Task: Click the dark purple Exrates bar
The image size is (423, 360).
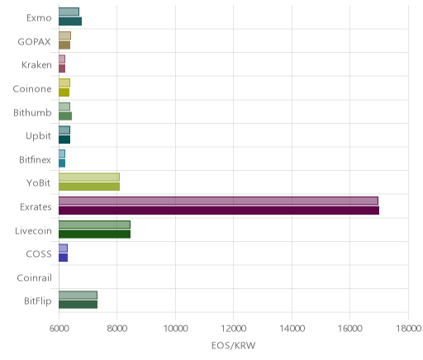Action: pos(219,211)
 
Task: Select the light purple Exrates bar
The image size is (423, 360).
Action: pos(218,201)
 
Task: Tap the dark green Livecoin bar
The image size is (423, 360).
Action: pos(94,234)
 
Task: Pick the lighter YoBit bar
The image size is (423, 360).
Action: pos(89,177)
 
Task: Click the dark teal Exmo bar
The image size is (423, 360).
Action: pos(70,21)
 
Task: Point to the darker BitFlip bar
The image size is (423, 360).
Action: pos(78,305)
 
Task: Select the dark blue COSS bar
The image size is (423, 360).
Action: pos(63,258)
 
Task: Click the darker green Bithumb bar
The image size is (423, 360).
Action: pos(65,116)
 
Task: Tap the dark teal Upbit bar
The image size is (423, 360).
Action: pos(64,140)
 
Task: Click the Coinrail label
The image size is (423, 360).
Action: pos(34,277)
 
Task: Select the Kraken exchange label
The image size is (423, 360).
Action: pos(36,64)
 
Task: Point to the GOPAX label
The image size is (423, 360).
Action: pos(34,41)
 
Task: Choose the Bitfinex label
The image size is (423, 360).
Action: pos(35,159)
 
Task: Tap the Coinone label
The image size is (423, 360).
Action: pos(32,88)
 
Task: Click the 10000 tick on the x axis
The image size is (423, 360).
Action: pos(175,329)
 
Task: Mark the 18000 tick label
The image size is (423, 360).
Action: pos(409,329)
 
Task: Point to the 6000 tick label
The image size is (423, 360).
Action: pos(59,329)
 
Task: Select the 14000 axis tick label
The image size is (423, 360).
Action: pos(292,329)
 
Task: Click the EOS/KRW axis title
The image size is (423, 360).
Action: pos(234,345)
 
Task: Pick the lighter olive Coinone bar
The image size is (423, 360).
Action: pos(64,83)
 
